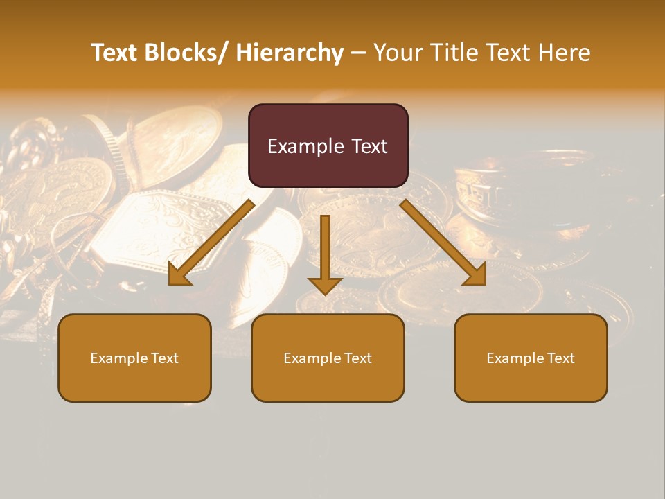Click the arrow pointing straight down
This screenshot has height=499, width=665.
tap(325, 253)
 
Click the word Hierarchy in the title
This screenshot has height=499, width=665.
tap(290, 53)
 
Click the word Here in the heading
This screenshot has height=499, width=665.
tap(565, 53)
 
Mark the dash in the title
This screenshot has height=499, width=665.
tap(357, 53)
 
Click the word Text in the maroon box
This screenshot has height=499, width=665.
tap(369, 146)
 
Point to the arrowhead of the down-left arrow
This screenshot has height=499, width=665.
tap(179, 275)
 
